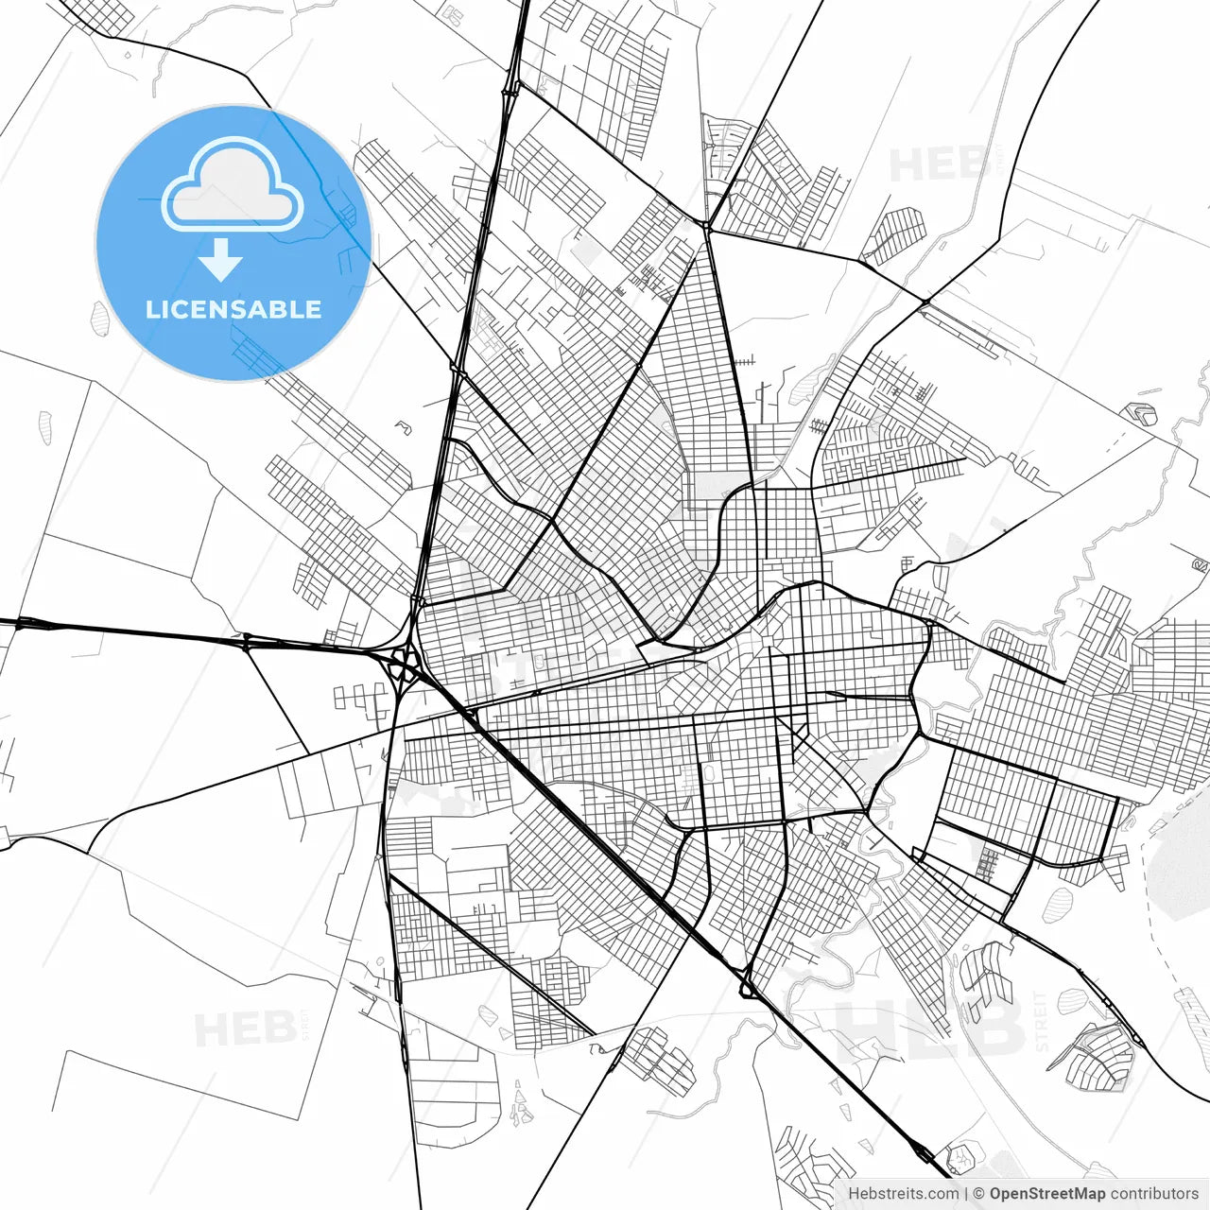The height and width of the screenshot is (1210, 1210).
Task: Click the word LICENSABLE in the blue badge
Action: (x=233, y=309)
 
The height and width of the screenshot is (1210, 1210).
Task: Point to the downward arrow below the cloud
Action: (x=221, y=259)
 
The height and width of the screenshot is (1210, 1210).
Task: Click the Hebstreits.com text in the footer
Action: (x=903, y=1194)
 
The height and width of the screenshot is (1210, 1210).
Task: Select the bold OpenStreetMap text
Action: (x=1047, y=1194)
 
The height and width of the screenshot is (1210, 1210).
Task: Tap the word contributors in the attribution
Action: (x=1154, y=1194)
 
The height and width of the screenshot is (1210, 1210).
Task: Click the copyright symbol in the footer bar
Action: (x=980, y=1194)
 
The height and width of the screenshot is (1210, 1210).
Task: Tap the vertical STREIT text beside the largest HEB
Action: (x=1043, y=1021)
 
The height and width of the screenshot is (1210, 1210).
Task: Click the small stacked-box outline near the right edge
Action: (x=1143, y=413)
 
